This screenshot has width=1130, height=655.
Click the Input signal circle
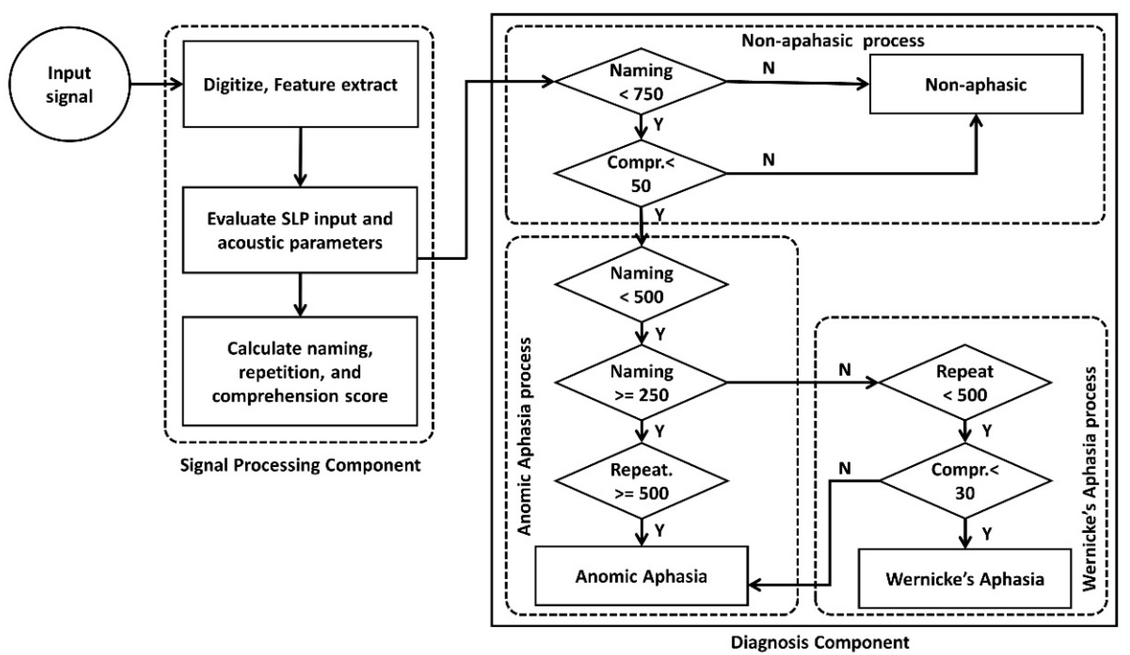(x=69, y=85)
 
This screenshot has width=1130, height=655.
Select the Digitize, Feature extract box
(x=301, y=85)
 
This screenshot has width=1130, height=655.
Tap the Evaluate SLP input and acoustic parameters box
(x=300, y=230)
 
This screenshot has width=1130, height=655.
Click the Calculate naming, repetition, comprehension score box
(x=300, y=371)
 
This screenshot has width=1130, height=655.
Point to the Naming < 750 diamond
(x=641, y=81)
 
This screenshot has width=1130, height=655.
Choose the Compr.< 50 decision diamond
(x=641, y=174)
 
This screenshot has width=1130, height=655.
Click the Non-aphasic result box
(x=976, y=85)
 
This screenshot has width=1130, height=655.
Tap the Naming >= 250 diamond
(x=641, y=383)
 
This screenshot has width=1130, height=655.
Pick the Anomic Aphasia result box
(x=641, y=576)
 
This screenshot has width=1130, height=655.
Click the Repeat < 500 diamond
(x=965, y=383)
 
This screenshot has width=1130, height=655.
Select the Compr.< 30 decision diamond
(x=965, y=481)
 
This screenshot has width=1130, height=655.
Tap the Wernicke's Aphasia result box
(x=965, y=579)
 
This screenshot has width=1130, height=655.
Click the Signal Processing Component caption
(x=301, y=465)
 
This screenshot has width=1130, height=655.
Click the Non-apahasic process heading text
(x=833, y=41)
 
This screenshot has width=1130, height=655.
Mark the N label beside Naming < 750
(x=768, y=68)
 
